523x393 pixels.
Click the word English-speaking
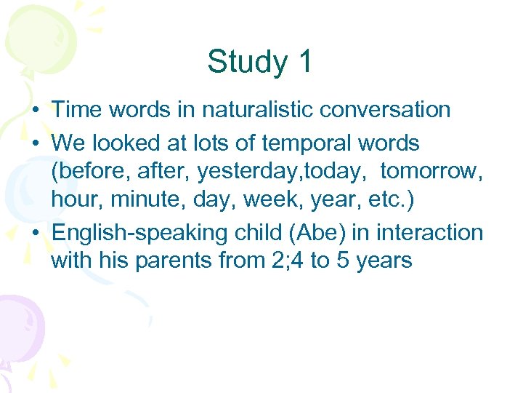[x=142, y=233]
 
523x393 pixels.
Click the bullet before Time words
[x=35, y=111]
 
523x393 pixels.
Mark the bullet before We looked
[x=35, y=143]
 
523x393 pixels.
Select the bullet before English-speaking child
[x=35, y=234]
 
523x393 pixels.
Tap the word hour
[x=77, y=200]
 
